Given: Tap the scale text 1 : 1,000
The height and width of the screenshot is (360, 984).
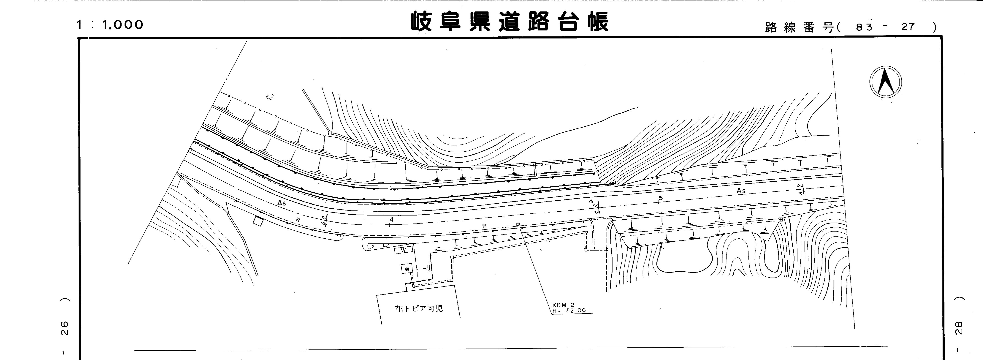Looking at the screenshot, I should pos(110,25).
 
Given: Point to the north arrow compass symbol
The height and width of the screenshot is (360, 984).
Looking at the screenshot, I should pos(885,82).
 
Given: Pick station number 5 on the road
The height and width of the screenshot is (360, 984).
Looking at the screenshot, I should pos(660,198).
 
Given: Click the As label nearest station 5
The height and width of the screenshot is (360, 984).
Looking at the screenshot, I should pos(741,191).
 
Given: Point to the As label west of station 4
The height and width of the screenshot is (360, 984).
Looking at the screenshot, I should pos(282,203).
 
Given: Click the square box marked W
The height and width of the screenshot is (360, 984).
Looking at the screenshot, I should pos(407,269).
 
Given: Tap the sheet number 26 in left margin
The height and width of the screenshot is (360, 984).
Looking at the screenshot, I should pos(65,328).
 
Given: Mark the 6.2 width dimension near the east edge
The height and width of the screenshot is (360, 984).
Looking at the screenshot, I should pos(801,189).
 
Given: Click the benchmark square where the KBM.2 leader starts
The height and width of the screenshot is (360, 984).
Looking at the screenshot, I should pos(518,224).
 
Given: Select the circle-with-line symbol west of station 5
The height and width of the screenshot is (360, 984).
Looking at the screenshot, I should pos(591,201).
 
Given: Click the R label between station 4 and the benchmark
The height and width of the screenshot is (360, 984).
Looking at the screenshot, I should pos(484,226).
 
